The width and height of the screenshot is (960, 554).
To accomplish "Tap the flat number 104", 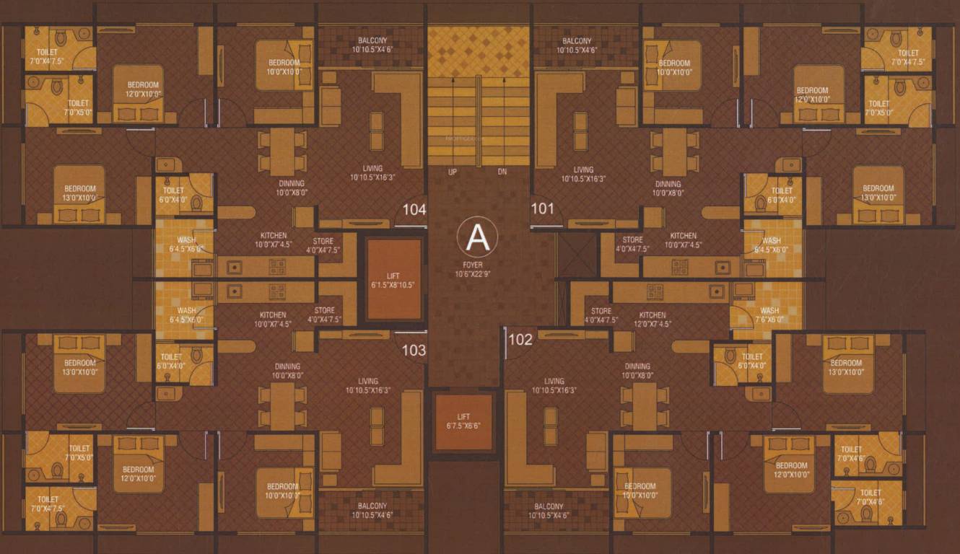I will [414, 209].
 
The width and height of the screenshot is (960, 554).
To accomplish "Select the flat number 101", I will [542, 208].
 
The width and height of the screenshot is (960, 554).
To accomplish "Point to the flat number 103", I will [414, 351].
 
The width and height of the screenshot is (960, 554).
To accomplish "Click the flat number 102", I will [520, 339].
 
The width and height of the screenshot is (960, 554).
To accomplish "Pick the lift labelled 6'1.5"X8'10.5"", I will [394, 279].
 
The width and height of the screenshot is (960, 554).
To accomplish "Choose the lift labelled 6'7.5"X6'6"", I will [463, 421].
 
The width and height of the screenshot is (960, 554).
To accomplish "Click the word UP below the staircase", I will [453, 172].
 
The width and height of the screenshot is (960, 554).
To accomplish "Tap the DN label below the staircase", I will [502, 172].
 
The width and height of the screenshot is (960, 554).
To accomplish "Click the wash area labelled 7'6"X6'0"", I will [769, 315].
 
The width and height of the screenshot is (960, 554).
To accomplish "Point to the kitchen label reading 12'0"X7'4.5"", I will [653, 320].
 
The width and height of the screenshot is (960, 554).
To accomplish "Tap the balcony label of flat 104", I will [372, 45].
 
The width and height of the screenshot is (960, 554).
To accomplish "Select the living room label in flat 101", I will [583, 174].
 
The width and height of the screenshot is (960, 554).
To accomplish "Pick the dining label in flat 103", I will [287, 371].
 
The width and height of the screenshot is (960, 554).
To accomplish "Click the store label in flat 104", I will [323, 245].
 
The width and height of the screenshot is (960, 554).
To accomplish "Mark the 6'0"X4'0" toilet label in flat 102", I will [752, 361].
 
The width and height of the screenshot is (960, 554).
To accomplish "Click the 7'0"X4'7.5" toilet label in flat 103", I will [48, 504].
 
